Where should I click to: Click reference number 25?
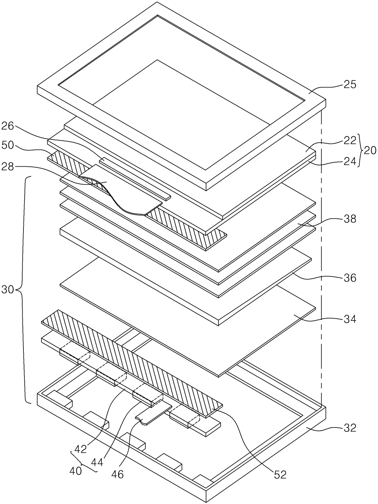350,84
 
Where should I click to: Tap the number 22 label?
350,140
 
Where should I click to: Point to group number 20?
370,151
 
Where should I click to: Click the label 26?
8,126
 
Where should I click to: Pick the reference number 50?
8,145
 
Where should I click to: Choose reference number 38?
350,219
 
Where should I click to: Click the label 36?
350,278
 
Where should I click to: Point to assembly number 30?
8,289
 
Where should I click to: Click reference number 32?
350,428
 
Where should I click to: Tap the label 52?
280,474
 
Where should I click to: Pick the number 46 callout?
117,474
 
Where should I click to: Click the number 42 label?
80,449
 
